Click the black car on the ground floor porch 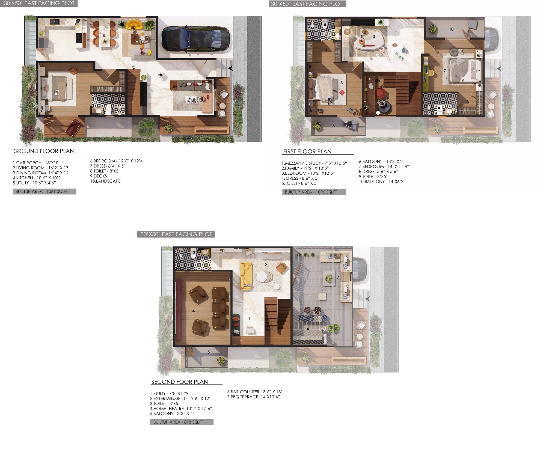[195, 38]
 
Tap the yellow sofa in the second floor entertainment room [246, 276]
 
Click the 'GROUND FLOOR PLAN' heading [44, 151]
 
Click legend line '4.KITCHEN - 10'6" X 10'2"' [38, 178]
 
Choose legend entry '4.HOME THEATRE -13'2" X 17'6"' [181, 409]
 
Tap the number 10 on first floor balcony [451, 29]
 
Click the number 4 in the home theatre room [194, 311]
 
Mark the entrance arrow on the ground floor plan [230, 68]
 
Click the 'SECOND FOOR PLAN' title [180, 382]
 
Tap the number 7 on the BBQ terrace [338, 277]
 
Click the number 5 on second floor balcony [209, 352]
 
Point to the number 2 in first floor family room [374, 36]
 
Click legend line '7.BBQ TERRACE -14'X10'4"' [254, 397]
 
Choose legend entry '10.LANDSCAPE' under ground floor [105, 181]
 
